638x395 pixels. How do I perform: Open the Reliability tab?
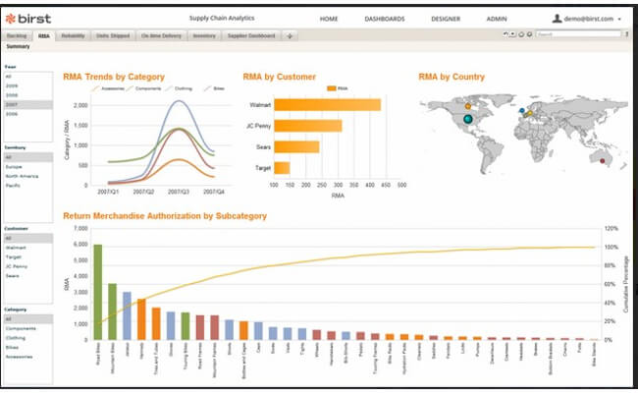tap(73, 34)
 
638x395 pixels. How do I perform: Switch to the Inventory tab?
tap(203, 34)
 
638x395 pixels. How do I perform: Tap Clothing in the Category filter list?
tap(17, 337)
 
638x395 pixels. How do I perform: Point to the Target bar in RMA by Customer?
tap(282, 168)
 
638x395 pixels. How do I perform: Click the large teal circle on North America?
tap(467, 119)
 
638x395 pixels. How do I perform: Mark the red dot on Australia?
tap(603, 160)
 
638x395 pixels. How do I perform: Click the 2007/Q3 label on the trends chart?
tap(179, 193)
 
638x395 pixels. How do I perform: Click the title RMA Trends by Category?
tap(113, 77)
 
